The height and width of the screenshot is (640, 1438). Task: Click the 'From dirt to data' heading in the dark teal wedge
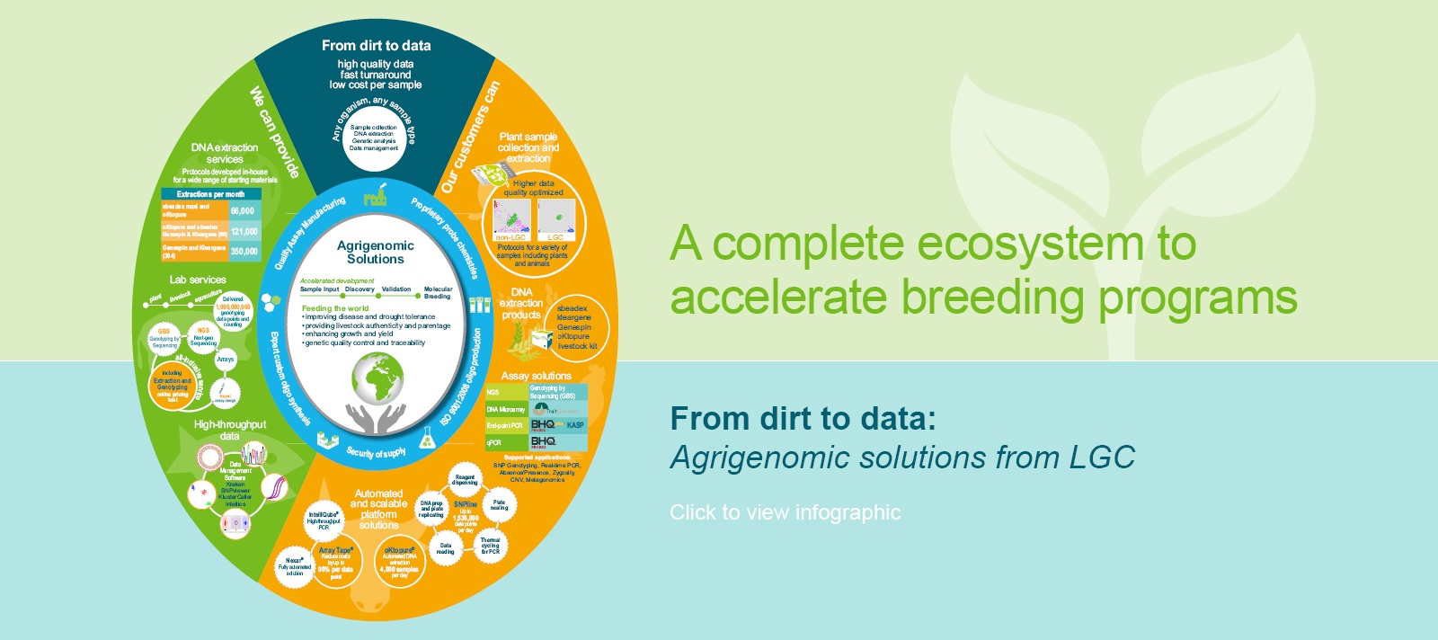click(376, 45)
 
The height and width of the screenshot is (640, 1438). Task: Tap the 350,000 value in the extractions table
click(244, 252)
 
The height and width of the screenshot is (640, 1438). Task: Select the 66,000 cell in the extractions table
click(242, 211)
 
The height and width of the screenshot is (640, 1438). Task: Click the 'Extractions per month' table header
click(210, 194)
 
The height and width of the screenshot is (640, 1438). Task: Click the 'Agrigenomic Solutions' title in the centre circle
click(376, 252)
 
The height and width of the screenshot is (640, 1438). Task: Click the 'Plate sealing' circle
click(499, 505)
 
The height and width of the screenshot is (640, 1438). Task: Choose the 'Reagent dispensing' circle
click(465, 480)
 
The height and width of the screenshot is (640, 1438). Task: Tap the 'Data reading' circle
click(446, 547)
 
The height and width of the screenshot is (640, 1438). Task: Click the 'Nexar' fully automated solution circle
click(295, 566)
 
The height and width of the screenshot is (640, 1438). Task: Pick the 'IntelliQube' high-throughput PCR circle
click(324, 520)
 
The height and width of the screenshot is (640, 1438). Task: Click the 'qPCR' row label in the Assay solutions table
click(495, 442)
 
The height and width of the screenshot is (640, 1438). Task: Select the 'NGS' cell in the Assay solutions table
click(493, 393)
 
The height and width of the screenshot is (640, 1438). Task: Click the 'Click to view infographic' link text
click(785, 512)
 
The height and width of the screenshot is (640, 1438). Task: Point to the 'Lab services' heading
click(198, 280)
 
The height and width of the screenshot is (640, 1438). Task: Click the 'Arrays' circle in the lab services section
click(226, 360)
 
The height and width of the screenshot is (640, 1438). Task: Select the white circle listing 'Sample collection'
click(374, 138)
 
